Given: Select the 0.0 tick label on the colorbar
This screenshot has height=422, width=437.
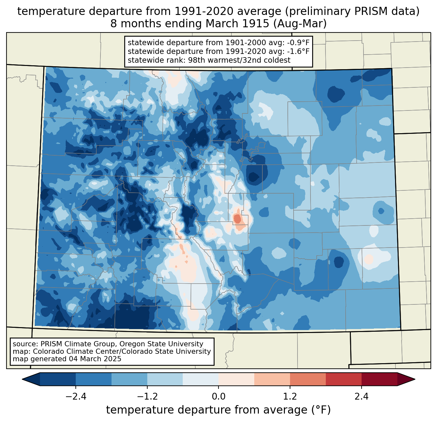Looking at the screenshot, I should pyautogui.click(x=218, y=397).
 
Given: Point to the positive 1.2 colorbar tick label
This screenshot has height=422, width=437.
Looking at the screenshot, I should pyautogui.click(x=290, y=397).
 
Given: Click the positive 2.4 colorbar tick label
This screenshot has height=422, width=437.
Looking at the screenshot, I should pyautogui.click(x=362, y=397).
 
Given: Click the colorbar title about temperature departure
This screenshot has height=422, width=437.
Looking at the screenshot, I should pyautogui.click(x=218, y=410).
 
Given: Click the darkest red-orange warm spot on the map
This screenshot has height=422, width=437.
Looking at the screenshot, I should pyautogui.click(x=238, y=219).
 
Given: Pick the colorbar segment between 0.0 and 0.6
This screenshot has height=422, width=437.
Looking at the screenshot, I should pyautogui.click(x=236, y=379).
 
